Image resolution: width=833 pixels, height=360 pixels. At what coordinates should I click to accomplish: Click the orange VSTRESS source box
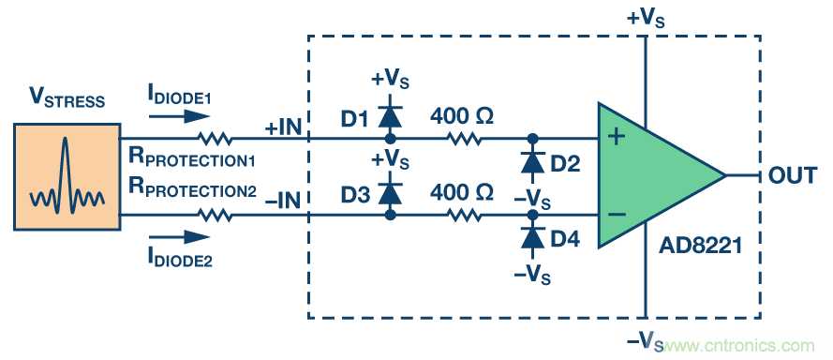[x=67, y=177]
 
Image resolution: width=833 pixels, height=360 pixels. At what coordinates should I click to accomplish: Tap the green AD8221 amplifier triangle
[x=653, y=175]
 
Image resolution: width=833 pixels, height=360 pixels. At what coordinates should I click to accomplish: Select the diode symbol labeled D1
[x=390, y=117]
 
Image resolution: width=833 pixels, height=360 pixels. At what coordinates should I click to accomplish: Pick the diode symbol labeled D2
[x=532, y=161]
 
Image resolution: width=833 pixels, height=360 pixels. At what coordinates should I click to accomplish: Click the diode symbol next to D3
[x=390, y=193]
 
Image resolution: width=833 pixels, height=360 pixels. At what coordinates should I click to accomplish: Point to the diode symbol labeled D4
[x=532, y=238]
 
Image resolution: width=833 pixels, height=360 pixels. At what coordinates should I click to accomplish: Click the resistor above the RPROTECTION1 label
[x=215, y=139]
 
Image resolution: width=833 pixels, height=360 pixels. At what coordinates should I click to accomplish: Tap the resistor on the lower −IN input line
[x=215, y=215]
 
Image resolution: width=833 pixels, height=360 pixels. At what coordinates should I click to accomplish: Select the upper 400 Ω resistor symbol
[x=465, y=139]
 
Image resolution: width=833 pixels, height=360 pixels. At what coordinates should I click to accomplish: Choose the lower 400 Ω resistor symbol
[x=465, y=215]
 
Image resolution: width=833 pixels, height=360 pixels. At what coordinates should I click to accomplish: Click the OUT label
[x=793, y=175]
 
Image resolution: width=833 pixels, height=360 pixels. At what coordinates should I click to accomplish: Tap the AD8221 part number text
[x=700, y=247]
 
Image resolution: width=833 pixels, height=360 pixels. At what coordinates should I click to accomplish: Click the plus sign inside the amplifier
[x=617, y=137]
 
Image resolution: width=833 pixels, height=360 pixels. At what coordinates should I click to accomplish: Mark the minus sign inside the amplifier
[x=617, y=215]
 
